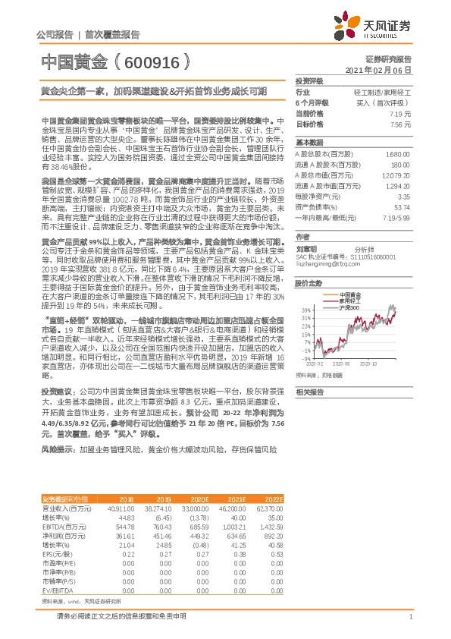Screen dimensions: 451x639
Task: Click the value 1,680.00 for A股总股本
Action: pos(398,153)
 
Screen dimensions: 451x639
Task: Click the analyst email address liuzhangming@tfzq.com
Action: pos(327,266)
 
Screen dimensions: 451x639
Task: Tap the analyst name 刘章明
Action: pos(307,248)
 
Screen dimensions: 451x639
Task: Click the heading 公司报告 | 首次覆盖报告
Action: pos(88,35)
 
